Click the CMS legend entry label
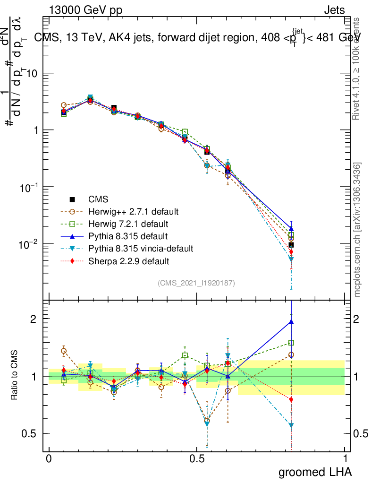point(99,199)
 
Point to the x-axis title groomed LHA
point(315,472)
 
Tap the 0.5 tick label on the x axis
point(197,459)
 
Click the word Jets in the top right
point(334,10)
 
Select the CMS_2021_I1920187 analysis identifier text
point(196,283)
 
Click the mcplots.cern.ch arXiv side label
point(357,230)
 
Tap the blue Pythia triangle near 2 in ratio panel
point(291,322)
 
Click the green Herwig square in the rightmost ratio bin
point(291,343)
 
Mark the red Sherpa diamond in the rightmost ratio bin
point(291,399)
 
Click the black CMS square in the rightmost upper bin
point(291,245)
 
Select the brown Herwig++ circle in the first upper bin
point(64,105)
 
